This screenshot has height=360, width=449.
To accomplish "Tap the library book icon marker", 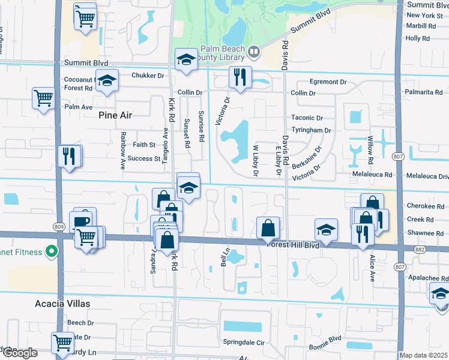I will tap(254, 53).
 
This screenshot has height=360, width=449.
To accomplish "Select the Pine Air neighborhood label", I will tap(115, 115).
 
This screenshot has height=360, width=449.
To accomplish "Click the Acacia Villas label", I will tap(62, 304).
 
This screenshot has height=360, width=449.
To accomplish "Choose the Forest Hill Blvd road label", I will tap(293, 244).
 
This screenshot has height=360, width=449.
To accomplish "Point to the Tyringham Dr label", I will tap(311, 130).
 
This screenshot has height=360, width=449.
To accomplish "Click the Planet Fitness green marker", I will tap(52, 251).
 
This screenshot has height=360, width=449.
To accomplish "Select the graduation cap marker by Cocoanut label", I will tap(107, 82).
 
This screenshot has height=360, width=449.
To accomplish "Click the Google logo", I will tap(19, 353).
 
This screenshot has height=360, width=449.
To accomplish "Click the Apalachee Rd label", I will tap(428, 279).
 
